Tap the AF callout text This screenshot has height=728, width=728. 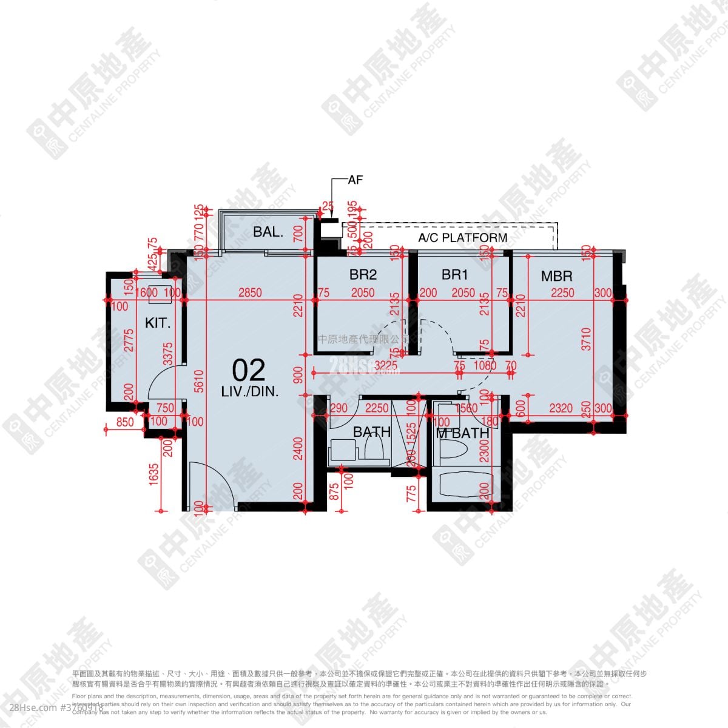(x=355, y=180)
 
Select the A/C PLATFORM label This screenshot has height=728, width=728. (x=463, y=237)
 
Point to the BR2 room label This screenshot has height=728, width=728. (x=363, y=275)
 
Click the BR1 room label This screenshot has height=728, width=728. (x=455, y=275)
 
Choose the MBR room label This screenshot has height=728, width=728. (x=556, y=276)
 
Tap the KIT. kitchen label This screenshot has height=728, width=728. (x=158, y=323)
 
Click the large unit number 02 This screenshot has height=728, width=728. (x=249, y=370)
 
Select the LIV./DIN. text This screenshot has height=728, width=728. (x=250, y=392)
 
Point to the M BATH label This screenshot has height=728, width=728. (x=462, y=433)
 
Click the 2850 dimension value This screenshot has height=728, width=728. (x=249, y=293)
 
